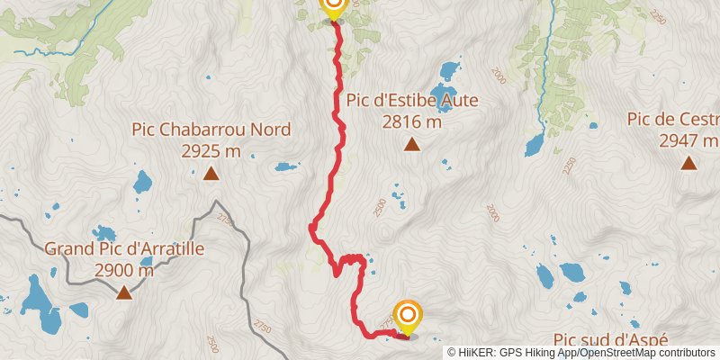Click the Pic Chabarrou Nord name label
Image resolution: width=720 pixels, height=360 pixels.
[211, 130]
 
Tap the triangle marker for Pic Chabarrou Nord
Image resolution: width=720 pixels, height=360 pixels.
[211, 174]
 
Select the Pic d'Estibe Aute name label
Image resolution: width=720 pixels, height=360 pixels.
[413, 100]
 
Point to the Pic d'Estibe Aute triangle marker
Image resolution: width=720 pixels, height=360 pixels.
[412, 144]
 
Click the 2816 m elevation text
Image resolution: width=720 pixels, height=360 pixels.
[413, 121]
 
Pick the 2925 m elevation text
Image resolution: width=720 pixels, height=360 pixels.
[211, 150]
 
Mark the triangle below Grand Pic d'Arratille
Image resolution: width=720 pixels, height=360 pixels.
[123, 292]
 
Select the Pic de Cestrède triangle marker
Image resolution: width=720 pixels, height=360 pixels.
[688, 163]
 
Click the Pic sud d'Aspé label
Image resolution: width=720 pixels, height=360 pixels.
[611, 339]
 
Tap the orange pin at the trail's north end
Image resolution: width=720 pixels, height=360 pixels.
[333, 7]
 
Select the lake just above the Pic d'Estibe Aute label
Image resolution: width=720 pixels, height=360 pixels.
[448, 70]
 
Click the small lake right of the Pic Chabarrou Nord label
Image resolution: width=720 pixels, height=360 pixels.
[287, 166]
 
